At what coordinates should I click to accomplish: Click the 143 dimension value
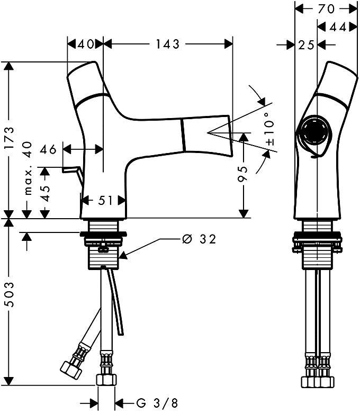[x=167, y=44]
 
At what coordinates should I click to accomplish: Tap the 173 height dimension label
[x=10, y=138]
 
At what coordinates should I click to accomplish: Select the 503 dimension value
[x=10, y=294]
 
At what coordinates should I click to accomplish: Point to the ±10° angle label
[x=270, y=129]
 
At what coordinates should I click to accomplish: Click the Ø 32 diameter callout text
[x=199, y=239]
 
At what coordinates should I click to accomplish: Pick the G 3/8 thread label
[x=157, y=403]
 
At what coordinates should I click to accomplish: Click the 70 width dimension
[x=326, y=8]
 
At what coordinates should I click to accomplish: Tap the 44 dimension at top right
[x=338, y=27]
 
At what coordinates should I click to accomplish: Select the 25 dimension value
[x=306, y=45]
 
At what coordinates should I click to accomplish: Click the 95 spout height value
[x=243, y=174]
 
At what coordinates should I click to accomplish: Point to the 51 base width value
[x=105, y=201]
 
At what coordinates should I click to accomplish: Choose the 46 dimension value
[x=49, y=149]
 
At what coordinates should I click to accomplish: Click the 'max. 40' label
[x=28, y=168]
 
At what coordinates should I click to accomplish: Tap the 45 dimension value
[x=46, y=193]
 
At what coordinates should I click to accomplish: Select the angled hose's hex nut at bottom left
[x=70, y=370]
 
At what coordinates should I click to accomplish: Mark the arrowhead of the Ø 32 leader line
[x=123, y=255]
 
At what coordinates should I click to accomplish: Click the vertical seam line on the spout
[x=183, y=135]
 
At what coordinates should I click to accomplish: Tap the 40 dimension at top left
[x=85, y=44]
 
